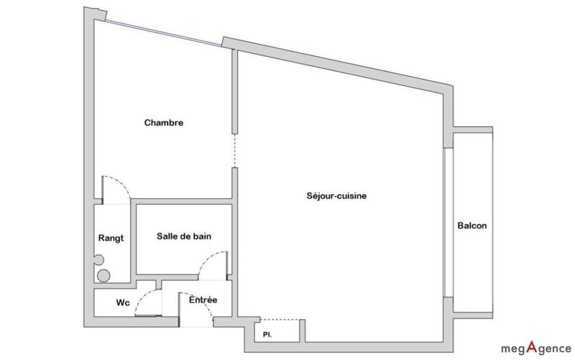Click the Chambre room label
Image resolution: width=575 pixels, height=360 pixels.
click(164, 123)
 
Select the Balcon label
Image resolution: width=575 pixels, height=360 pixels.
click(471, 226)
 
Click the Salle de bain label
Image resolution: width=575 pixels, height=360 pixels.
click(184, 236)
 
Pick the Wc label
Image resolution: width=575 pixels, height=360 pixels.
click(123, 303)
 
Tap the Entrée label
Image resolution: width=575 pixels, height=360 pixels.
click(203, 300)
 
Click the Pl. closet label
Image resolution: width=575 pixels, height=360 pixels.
click(268, 334)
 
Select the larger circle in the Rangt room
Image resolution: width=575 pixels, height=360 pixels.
click(104, 274)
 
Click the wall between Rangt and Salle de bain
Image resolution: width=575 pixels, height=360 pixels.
click(133, 241)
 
